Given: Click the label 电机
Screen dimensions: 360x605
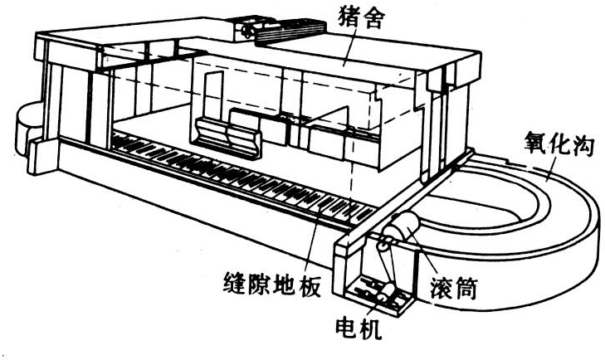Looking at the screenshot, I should coord(360,330).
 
